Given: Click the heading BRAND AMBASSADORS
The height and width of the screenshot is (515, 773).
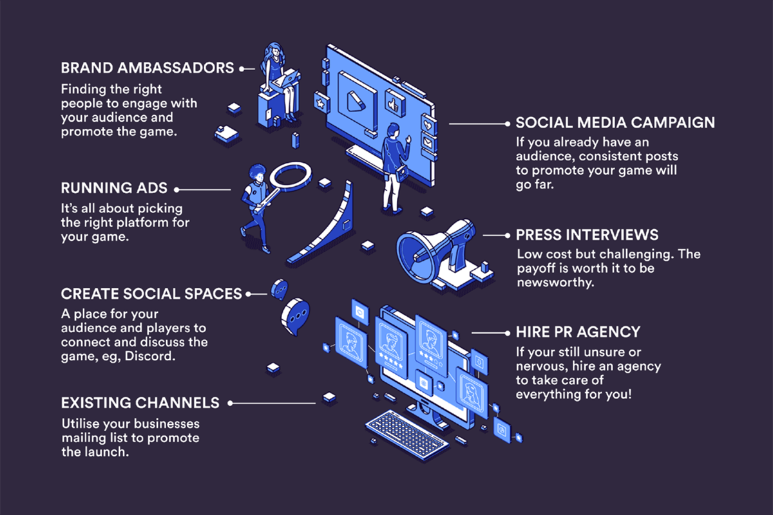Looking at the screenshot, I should click(148, 68).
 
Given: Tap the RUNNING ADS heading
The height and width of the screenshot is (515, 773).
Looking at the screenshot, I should click(114, 189).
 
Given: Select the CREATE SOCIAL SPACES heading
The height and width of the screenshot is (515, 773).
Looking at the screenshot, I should click(151, 294).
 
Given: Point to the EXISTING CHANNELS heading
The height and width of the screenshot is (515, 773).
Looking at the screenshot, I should click(140, 404).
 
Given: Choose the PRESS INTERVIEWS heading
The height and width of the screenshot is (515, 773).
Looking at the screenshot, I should click(587, 235).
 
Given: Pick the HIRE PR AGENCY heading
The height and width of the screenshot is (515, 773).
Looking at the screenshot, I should click(578, 332).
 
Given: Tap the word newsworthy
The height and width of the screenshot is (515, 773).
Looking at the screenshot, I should click(553, 282).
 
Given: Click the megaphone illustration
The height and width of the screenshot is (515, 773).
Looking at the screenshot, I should click(438, 248).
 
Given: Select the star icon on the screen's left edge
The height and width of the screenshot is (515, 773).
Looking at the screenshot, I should click(320, 101).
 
